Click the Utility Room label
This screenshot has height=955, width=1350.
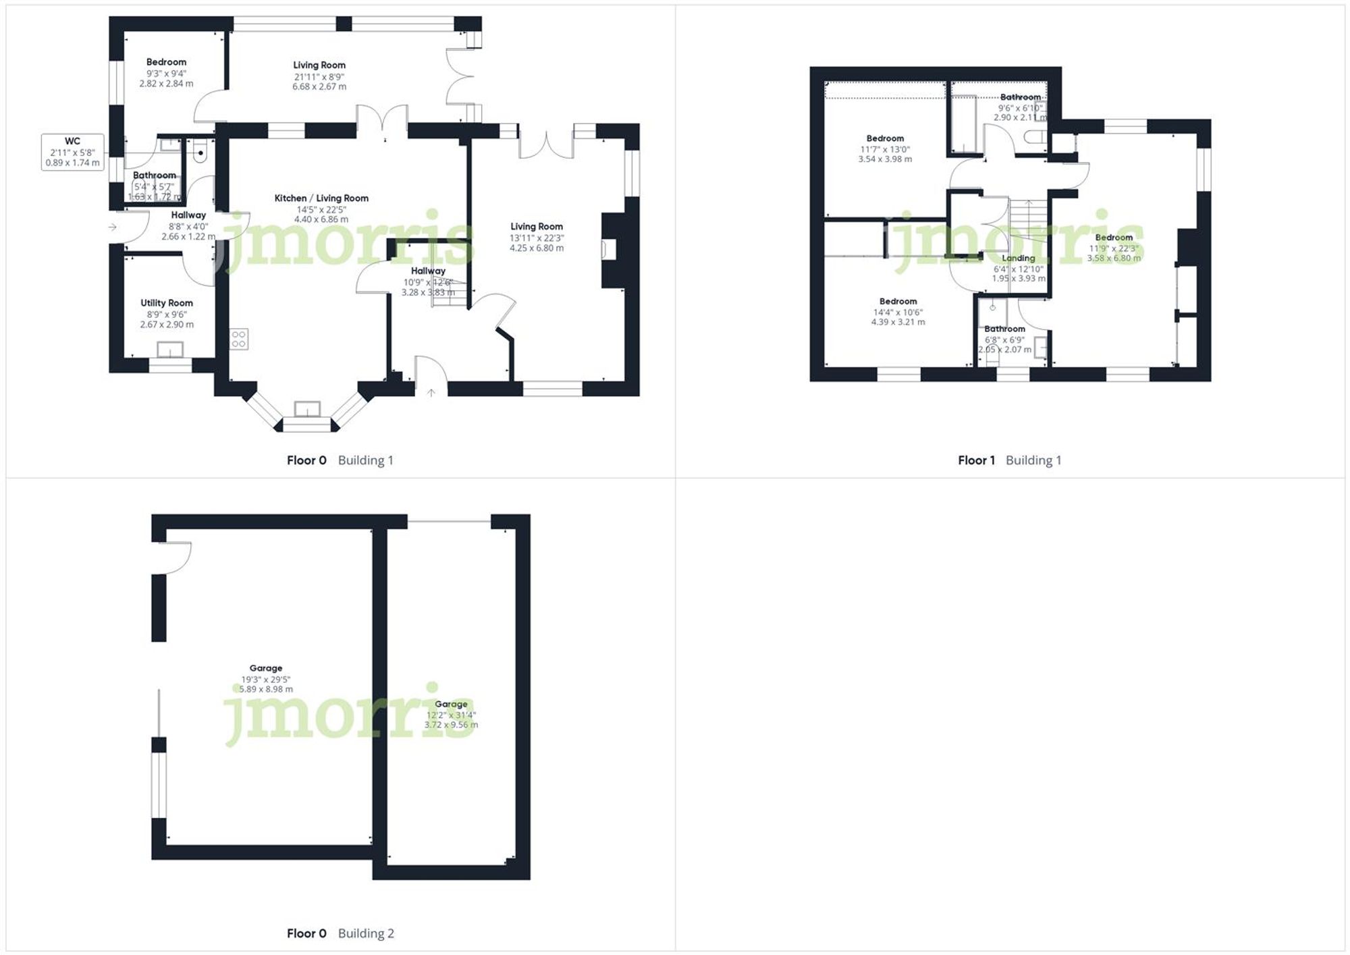[x=167, y=303]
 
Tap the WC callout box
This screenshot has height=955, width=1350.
[x=72, y=151]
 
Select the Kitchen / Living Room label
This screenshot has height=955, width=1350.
[x=321, y=198]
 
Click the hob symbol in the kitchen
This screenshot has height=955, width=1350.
[x=239, y=339]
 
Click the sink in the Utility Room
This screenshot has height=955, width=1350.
[x=170, y=350]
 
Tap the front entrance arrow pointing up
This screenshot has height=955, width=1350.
[x=431, y=392]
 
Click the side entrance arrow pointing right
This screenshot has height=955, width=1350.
[x=113, y=227]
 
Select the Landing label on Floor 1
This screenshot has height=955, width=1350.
[x=1018, y=258]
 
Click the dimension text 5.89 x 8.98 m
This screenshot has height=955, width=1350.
[x=266, y=689]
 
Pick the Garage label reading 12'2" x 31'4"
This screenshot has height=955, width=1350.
[x=451, y=704]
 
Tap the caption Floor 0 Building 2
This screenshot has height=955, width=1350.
[x=340, y=933]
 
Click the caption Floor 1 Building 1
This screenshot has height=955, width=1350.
[x=1009, y=460]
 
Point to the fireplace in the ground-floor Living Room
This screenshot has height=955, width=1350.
[x=605, y=250]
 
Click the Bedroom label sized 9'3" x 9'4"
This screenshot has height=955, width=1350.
[x=166, y=62]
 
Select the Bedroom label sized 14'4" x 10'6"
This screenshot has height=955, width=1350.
[x=898, y=302]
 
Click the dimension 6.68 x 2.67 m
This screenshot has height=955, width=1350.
[x=319, y=86]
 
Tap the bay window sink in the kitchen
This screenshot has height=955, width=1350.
[x=307, y=409]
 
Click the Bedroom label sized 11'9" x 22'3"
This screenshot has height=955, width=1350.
[x=1114, y=238]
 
